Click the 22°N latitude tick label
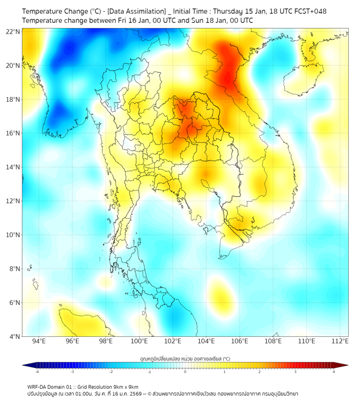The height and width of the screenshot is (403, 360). (x=13, y=31)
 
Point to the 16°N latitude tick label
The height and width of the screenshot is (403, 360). (x=13, y=133)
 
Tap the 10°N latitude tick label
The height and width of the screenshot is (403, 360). (x=13, y=235)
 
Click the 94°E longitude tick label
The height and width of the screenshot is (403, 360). (x=39, y=342)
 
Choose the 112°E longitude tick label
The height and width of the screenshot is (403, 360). (x=340, y=342)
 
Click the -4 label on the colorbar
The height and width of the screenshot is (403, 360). (x=36, y=372)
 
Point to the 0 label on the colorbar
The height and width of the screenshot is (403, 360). (x=185, y=372)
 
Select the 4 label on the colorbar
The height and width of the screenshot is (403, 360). (x=334, y=372)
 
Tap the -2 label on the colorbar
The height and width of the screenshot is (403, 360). (x=110, y=372)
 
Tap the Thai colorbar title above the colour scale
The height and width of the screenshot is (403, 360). (x=185, y=359)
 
